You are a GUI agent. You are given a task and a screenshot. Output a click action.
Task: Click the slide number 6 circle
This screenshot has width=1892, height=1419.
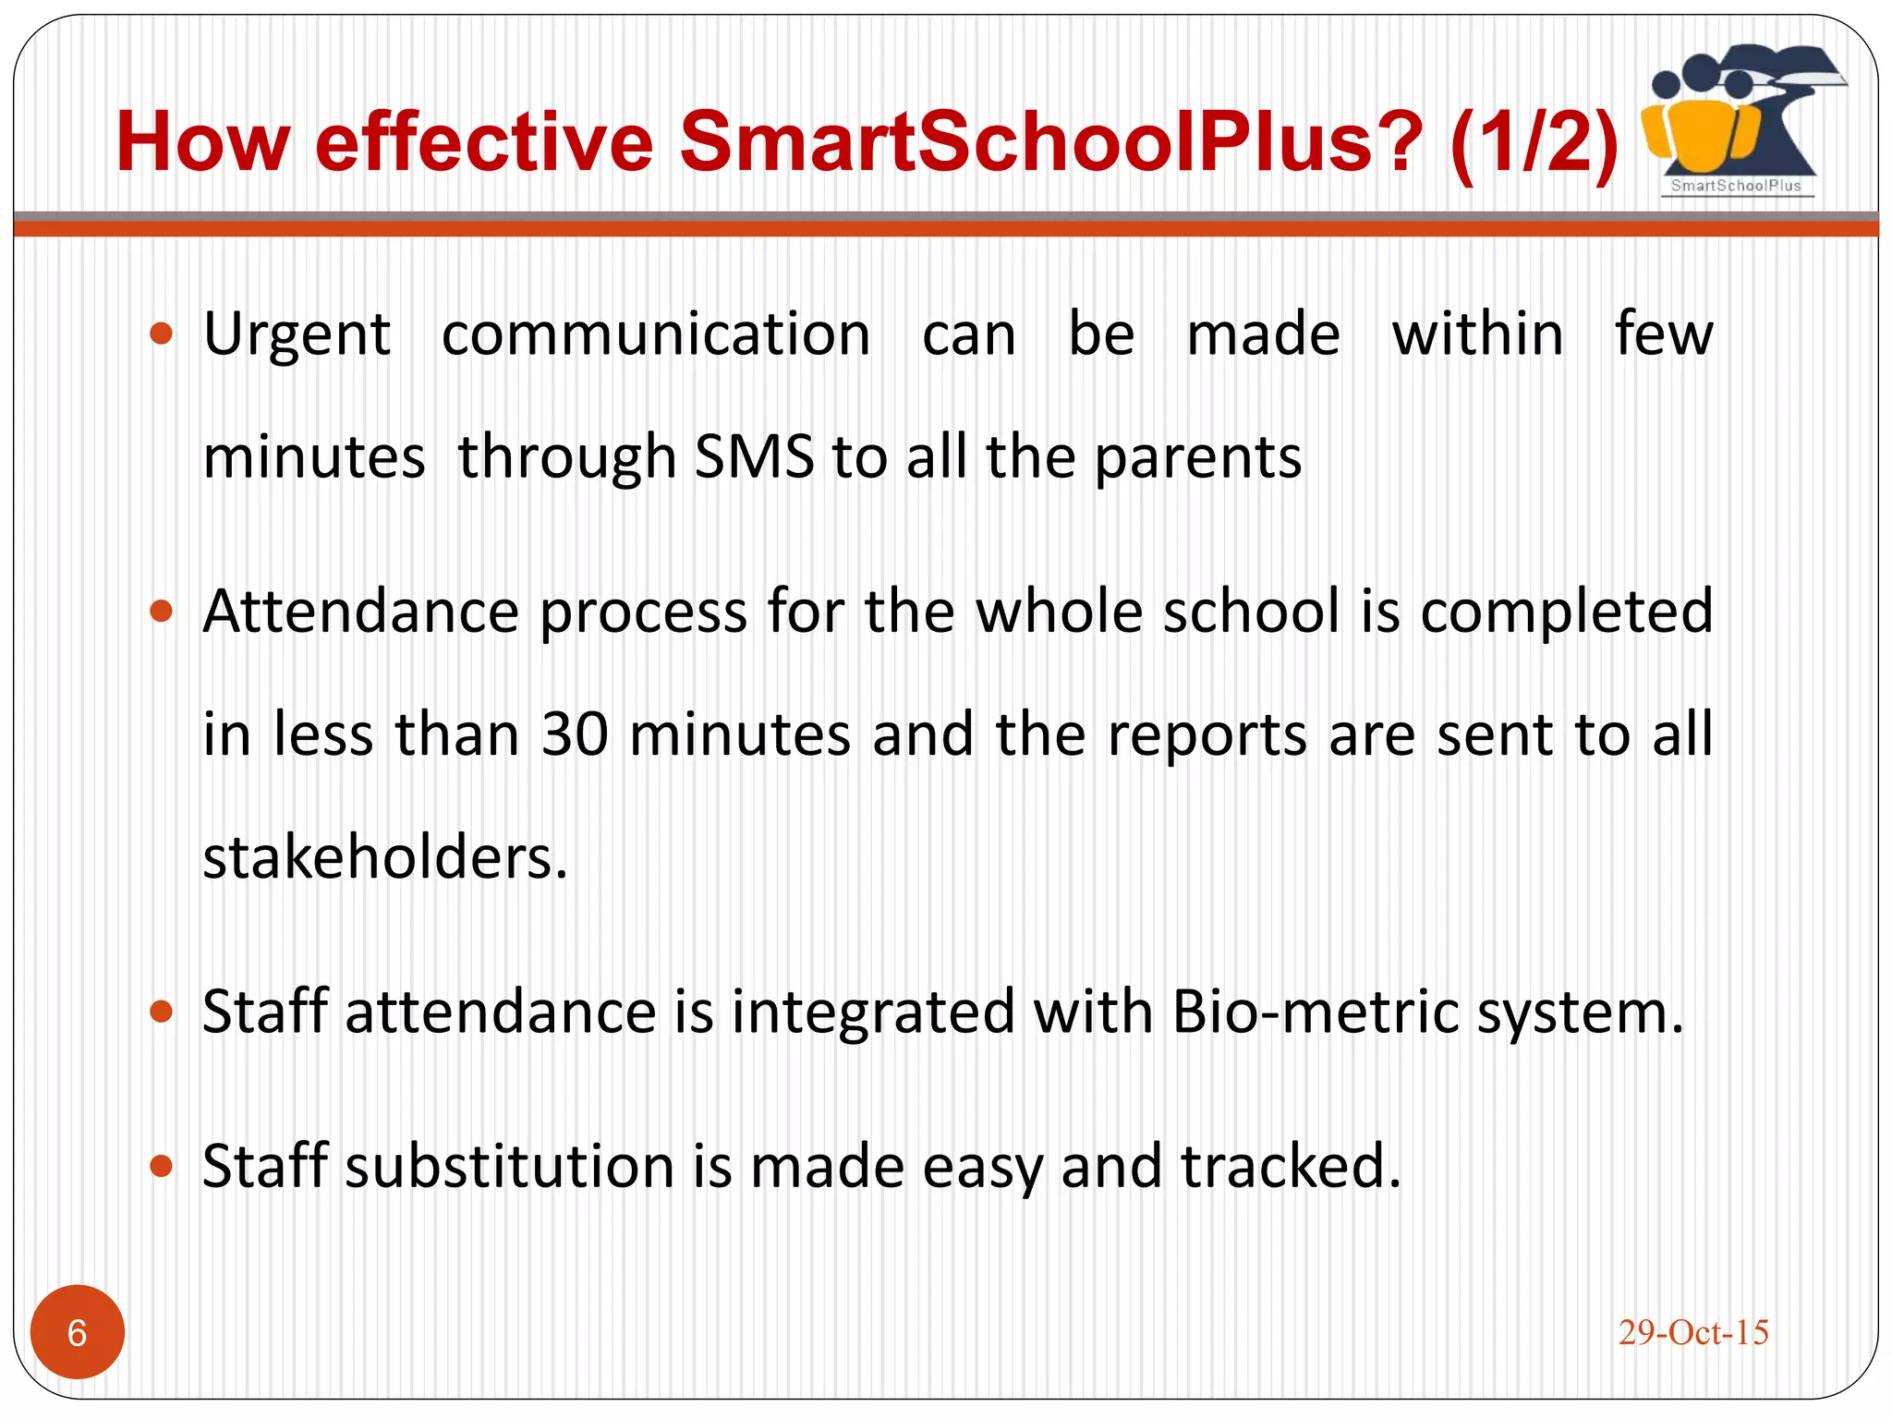(x=78, y=1331)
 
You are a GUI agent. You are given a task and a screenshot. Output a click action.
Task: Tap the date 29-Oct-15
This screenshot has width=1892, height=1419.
(x=1692, y=1332)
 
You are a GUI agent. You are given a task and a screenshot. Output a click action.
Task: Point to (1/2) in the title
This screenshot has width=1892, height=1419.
(x=1534, y=141)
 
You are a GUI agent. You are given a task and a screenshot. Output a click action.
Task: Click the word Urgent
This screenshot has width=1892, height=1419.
(x=297, y=334)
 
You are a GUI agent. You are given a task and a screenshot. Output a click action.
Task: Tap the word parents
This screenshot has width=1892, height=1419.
(x=1197, y=458)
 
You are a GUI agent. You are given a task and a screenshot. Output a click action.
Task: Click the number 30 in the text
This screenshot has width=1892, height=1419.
(x=575, y=734)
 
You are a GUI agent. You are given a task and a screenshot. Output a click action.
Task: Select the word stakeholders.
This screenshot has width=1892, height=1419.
(x=384, y=857)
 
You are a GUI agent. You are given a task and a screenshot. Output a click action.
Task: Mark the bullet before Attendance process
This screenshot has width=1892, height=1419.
(x=162, y=611)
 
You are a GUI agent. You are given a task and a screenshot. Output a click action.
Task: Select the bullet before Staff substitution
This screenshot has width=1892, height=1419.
(x=162, y=1166)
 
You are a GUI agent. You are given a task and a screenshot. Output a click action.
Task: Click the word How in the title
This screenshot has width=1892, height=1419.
(x=203, y=141)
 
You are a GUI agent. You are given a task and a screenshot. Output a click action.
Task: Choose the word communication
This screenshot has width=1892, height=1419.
(x=656, y=334)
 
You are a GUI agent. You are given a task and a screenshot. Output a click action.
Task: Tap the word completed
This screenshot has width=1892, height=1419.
(x=1566, y=612)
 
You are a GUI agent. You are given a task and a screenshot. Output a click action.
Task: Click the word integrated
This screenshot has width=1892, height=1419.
(x=873, y=1013)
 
